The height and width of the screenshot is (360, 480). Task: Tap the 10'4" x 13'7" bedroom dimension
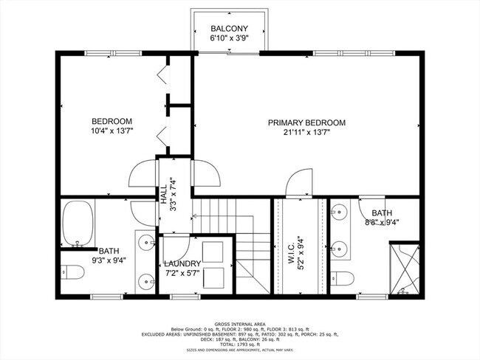[112, 132]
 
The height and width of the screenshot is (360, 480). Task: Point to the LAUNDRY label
[182, 263]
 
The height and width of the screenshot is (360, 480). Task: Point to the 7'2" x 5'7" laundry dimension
[182, 273]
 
